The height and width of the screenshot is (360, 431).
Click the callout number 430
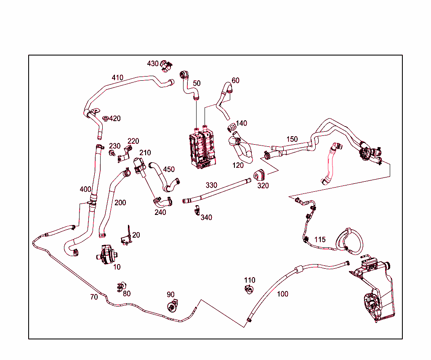[x=152, y=64]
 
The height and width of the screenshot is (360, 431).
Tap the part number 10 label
[x=117, y=267]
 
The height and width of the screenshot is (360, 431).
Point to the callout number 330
[x=211, y=185]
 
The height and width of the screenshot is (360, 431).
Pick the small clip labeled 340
[x=197, y=210]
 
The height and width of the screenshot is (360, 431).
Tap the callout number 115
[x=320, y=240]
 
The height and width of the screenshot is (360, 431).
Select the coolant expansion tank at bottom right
[x=374, y=289]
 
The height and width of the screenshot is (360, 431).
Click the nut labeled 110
[x=249, y=289]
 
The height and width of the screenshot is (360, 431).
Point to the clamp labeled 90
[x=173, y=306]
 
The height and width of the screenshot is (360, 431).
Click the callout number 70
[x=94, y=297]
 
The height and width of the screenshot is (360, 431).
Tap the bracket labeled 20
[x=127, y=236]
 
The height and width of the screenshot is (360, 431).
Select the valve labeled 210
[x=140, y=167]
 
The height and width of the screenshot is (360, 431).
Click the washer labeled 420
[x=105, y=119]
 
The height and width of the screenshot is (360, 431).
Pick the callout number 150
[x=292, y=139]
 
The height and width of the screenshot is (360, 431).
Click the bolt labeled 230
[x=112, y=153]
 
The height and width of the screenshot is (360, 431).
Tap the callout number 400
[x=85, y=190]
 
